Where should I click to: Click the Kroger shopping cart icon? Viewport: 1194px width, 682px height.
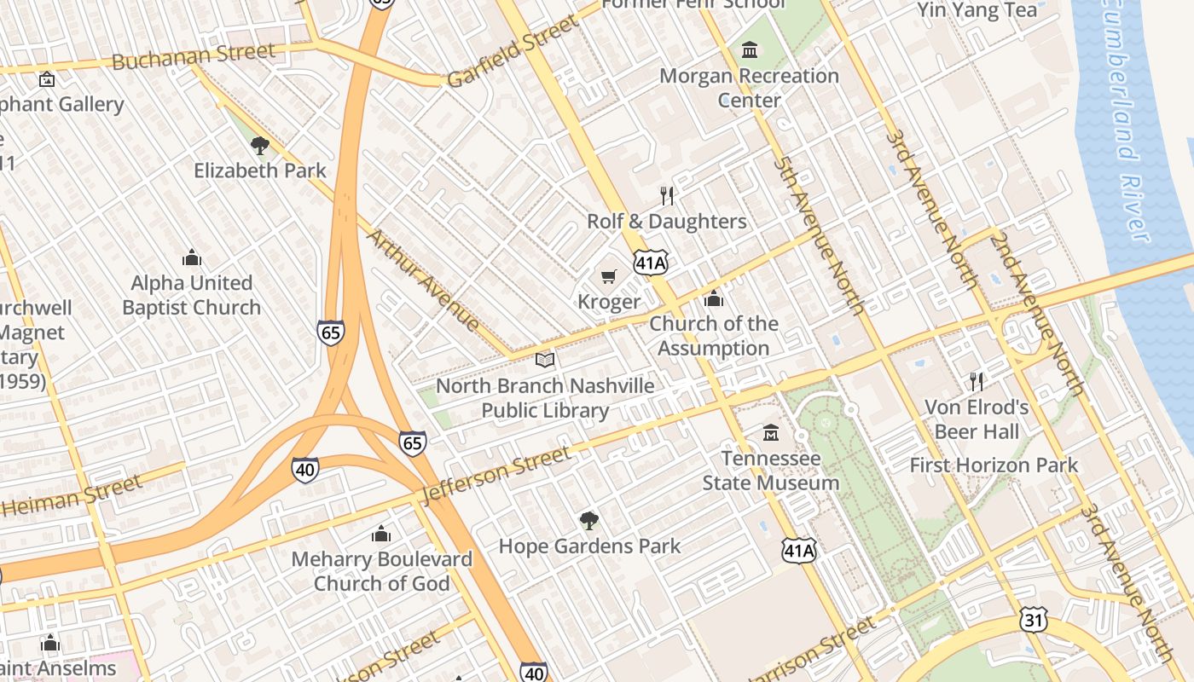point(608,276)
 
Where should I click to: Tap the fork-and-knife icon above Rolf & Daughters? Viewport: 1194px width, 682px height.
point(667,196)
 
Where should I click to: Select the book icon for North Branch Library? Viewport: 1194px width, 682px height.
point(545,361)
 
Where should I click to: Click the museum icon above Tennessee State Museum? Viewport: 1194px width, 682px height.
point(771,433)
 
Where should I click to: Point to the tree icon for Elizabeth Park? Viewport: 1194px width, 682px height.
point(260,145)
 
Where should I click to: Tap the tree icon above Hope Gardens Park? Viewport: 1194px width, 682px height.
point(588,520)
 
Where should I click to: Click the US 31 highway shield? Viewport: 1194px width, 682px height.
point(1033,620)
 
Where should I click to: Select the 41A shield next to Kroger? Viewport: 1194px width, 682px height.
point(650,263)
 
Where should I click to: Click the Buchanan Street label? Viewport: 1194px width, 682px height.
point(194,56)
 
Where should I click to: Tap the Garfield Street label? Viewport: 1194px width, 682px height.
point(512,51)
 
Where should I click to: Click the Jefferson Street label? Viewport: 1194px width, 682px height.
point(496,474)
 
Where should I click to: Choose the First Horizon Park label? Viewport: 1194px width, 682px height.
point(994,465)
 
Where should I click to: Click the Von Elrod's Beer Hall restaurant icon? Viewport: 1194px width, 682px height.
point(977,381)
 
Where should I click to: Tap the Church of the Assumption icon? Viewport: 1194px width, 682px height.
point(713,299)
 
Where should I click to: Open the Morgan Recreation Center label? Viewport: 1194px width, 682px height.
point(749,88)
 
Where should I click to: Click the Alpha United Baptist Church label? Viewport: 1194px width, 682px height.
point(191,295)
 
